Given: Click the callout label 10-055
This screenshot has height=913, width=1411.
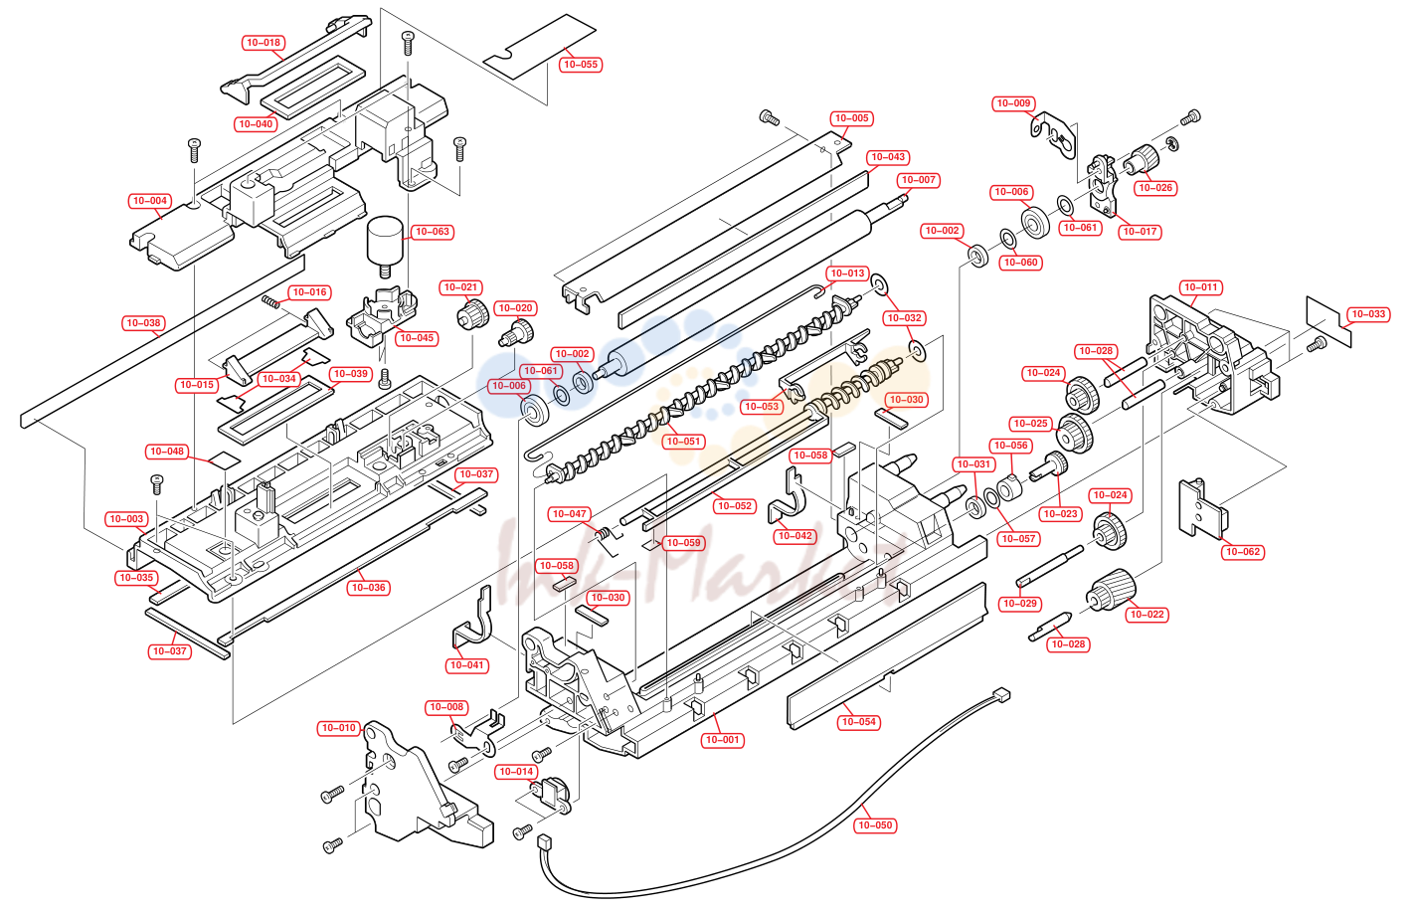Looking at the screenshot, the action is pyautogui.click(x=580, y=65).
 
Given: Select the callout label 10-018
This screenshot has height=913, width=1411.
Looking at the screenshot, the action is pyautogui.click(x=264, y=43).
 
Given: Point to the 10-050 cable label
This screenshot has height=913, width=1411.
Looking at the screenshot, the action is pyautogui.click(x=875, y=824).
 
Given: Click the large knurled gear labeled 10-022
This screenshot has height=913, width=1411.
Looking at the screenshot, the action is pyautogui.click(x=1111, y=591).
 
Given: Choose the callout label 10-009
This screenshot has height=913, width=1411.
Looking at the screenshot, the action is pyautogui.click(x=1013, y=103).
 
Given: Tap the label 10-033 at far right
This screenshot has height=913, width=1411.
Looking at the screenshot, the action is pyautogui.click(x=1368, y=314).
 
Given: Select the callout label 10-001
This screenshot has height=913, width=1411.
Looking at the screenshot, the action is pyautogui.click(x=723, y=740).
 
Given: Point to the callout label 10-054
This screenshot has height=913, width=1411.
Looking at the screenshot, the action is pyautogui.click(x=859, y=721).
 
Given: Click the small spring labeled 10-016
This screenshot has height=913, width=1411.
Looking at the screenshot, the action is pyautogui.click(x=270, y=301).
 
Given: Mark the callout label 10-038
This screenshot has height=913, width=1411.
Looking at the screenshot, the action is pyautogui.click(x=143, y=323).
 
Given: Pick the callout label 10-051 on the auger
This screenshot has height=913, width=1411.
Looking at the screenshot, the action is pyautogui.click(x=683, y=441).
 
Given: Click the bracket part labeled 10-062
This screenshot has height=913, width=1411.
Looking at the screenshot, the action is pyautogui.click(x=1202, y=508).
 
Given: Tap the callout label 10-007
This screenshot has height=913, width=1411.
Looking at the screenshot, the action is pyautogui.click(x=919, y=180).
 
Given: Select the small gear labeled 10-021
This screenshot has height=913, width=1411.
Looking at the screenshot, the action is pyautogui.click(x=472, y=314).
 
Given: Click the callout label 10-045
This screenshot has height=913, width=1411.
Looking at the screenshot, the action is pyautogui.click(x=417, y=338).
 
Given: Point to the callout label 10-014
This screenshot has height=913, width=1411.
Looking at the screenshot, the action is pyautogui.click(x=516, y=771).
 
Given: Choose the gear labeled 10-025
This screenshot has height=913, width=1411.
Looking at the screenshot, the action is pyautogui.click(x=1075, y=433).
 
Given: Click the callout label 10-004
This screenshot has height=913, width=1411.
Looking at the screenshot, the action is pyautogui.click(x=150, y=201).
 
